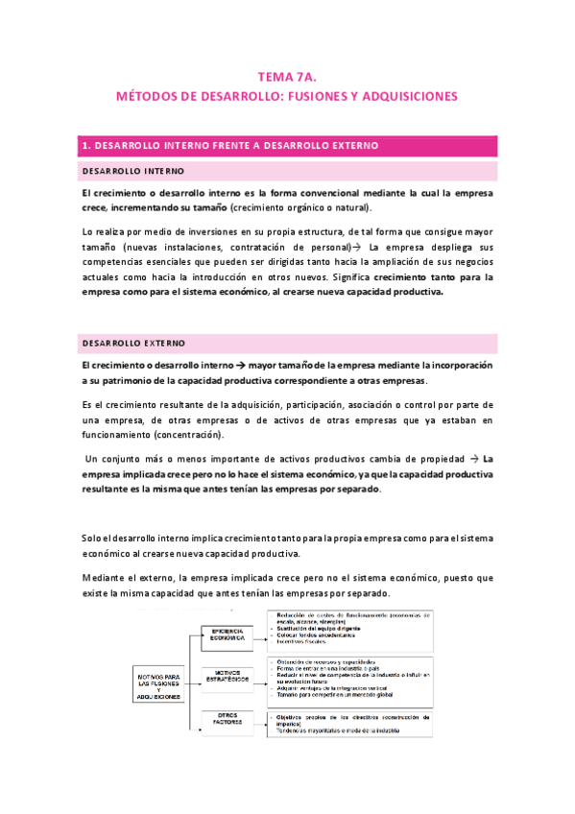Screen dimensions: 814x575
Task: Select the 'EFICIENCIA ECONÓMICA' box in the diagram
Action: (228, 634)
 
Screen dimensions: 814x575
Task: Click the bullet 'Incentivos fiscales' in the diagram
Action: (309, 642)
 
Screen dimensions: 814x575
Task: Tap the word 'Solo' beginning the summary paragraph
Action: (92, 537)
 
